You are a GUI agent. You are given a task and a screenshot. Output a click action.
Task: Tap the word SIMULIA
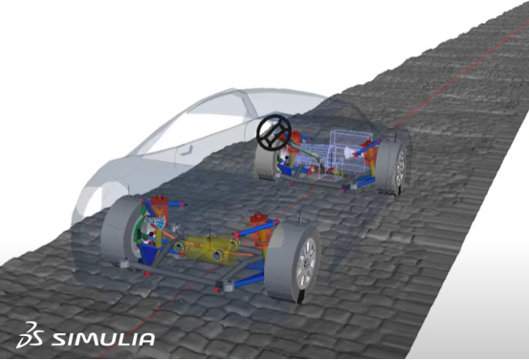[x=103, y=339]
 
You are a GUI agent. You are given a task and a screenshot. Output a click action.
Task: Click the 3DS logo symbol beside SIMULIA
[x=30, y=335]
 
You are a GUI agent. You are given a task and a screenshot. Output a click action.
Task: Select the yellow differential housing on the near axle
[x=208, y=249]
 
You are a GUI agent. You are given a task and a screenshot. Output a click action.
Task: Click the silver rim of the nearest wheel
[x=306, y=263]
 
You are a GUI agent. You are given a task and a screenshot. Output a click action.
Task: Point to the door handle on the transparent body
[x=187, y=150]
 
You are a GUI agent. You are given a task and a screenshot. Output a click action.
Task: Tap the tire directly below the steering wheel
[x=267, y=163]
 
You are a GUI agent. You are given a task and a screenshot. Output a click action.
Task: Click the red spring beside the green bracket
[x=160, y=207]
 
